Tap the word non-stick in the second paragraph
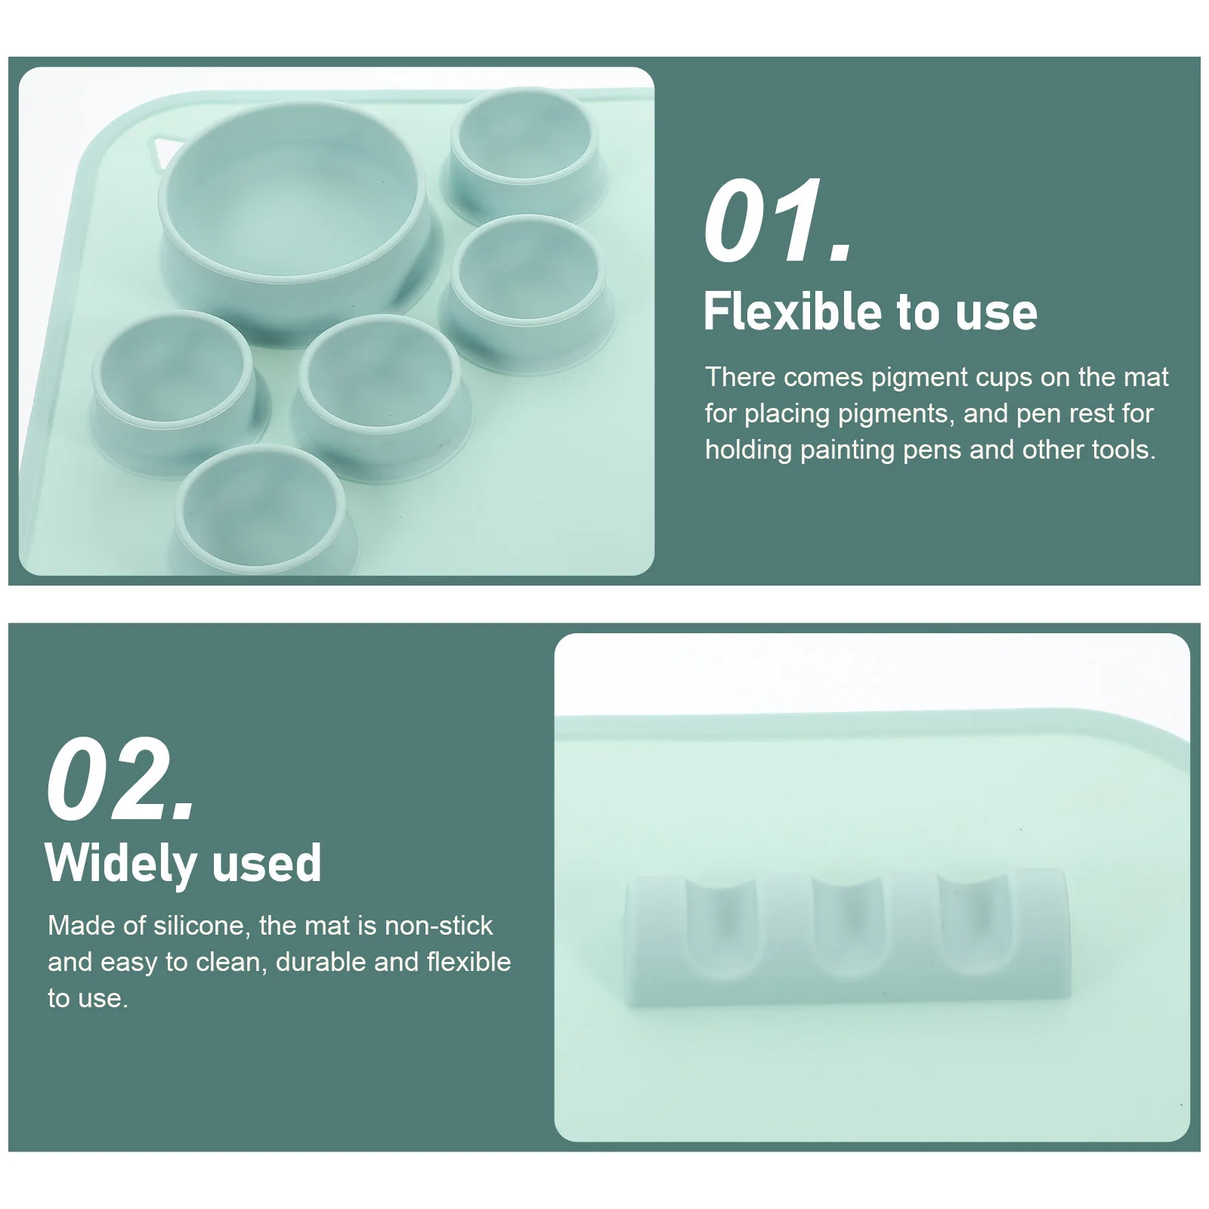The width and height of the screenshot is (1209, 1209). coord(438,926)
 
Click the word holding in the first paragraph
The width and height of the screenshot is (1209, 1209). coord(748,450)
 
